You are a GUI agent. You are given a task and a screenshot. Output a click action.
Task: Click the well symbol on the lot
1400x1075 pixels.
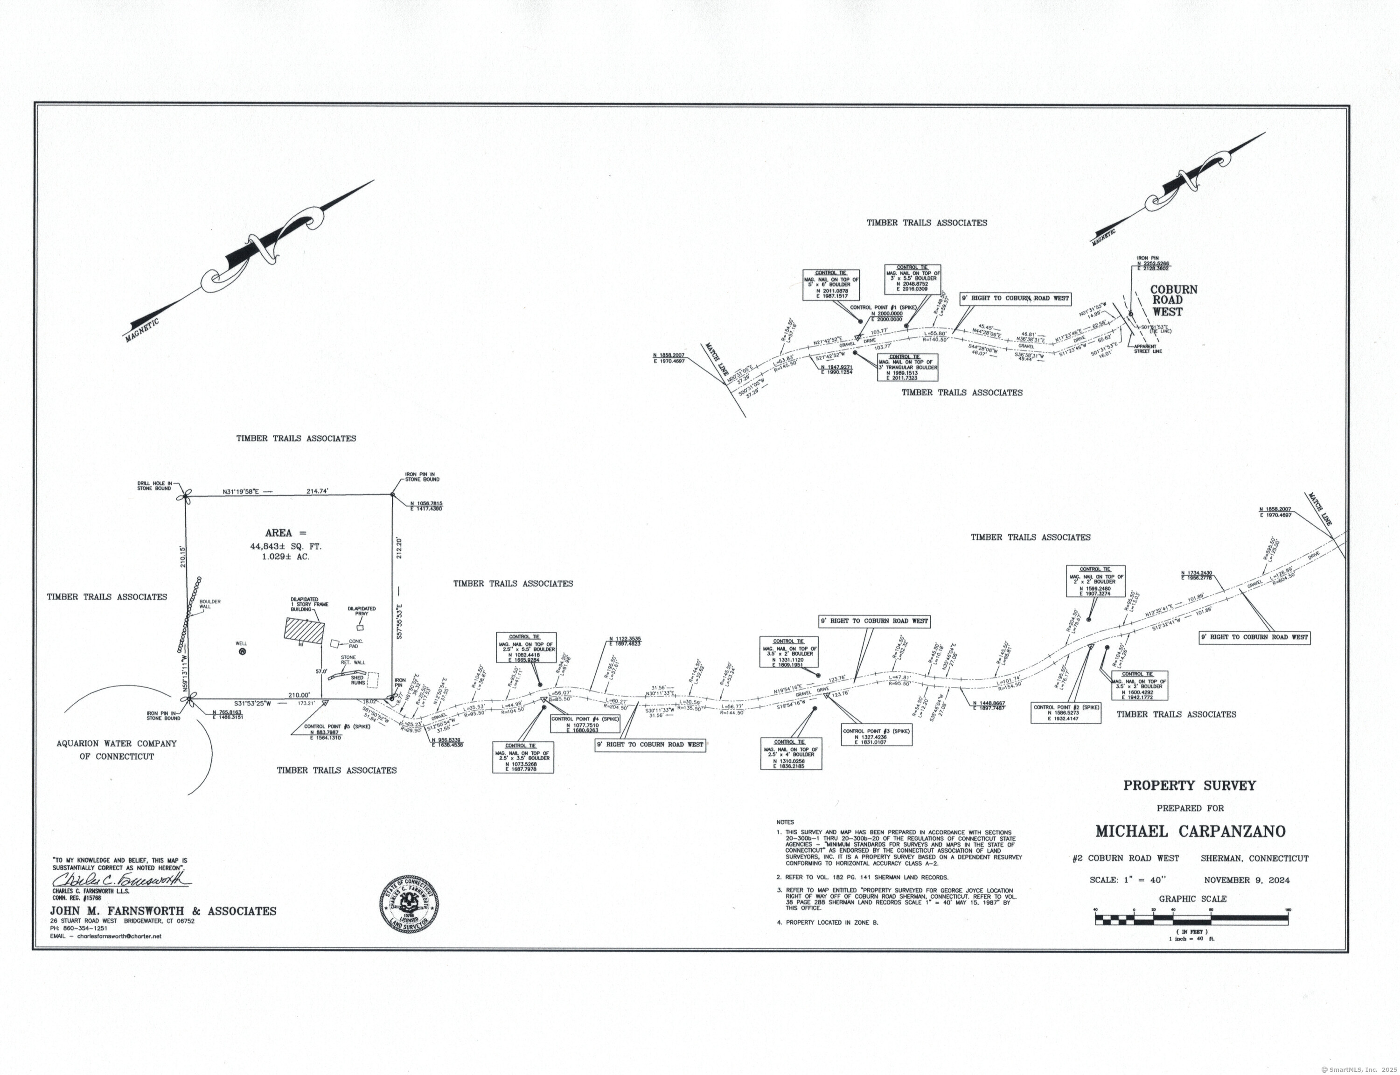tap(242, 651)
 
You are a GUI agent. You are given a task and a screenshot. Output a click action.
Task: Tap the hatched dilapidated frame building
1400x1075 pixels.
tap(305, 631)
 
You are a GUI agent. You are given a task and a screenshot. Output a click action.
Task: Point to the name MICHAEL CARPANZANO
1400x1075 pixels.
tap(1190, 831)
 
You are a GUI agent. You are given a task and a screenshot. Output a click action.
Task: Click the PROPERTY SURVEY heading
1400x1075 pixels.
tap(1190, 786)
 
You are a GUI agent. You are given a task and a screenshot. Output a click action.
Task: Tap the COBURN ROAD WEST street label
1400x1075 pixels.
tap(1174, 301)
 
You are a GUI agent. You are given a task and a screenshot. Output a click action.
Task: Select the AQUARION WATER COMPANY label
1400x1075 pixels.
tap(117, 744)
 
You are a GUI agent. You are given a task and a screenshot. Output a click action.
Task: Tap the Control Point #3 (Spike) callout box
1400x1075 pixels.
tap(877, 734)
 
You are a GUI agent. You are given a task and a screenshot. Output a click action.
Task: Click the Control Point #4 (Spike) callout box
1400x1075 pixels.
tap(585, 723)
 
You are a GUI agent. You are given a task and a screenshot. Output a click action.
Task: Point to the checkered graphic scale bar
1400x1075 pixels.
tap(1191, 920)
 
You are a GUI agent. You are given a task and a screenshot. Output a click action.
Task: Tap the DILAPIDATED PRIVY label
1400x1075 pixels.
tap(362, 611)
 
